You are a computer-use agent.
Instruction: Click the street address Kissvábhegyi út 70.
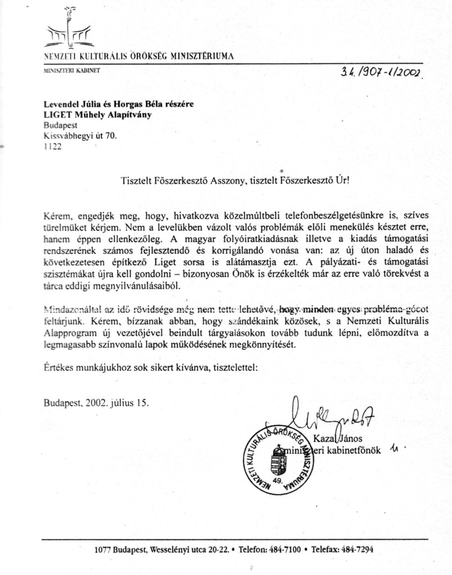coord(80,135)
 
